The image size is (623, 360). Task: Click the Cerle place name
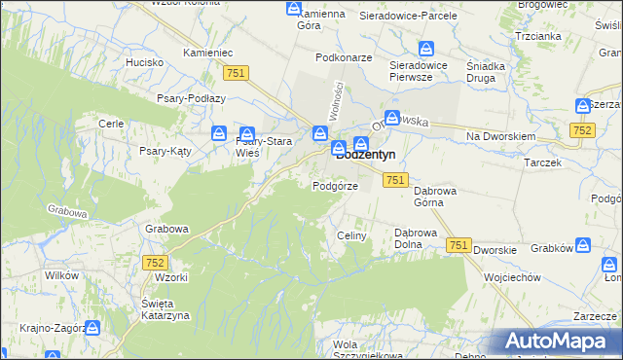pos(110,124)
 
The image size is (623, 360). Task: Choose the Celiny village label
pos(350,236)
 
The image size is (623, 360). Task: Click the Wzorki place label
pos(170,277)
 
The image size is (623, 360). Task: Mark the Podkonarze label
pos(345,57)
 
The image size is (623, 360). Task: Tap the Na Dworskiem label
pos(501,137)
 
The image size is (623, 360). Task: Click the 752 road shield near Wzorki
pos(155,263)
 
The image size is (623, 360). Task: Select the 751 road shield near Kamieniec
pos(236,73)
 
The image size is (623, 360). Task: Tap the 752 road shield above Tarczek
pos(583,130)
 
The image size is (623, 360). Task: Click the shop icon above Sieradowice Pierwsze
pos(426,49)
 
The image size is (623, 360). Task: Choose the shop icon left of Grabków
pos(582,247)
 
